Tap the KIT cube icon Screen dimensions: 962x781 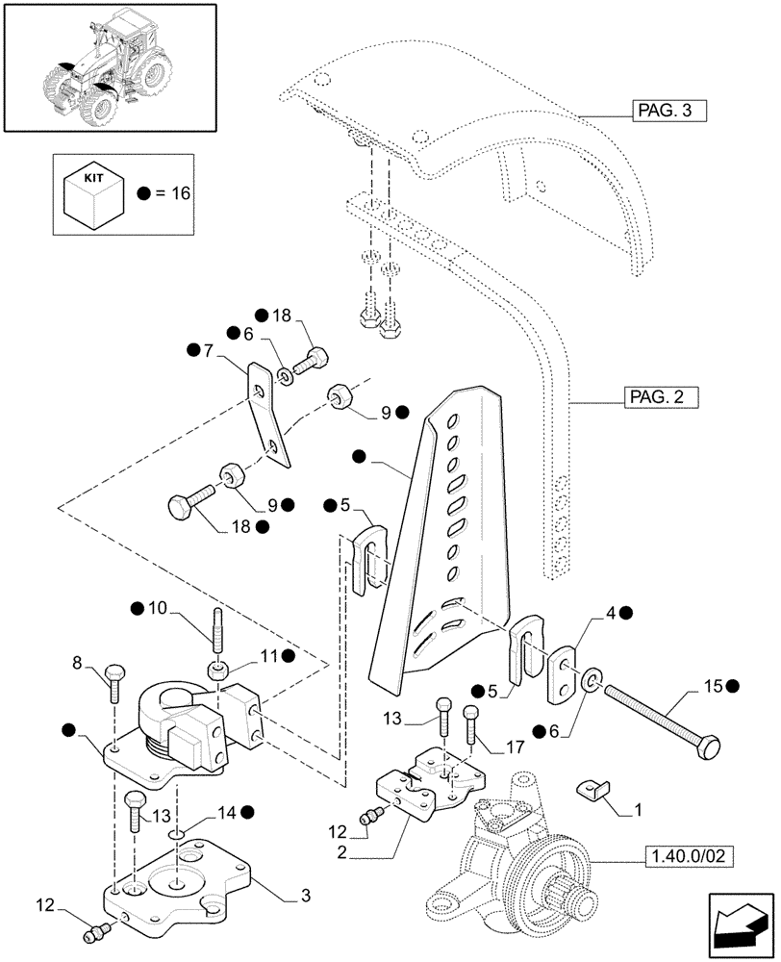[92, 190]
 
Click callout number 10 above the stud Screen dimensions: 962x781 [156, 608]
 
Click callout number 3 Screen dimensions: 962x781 [305, 897]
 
